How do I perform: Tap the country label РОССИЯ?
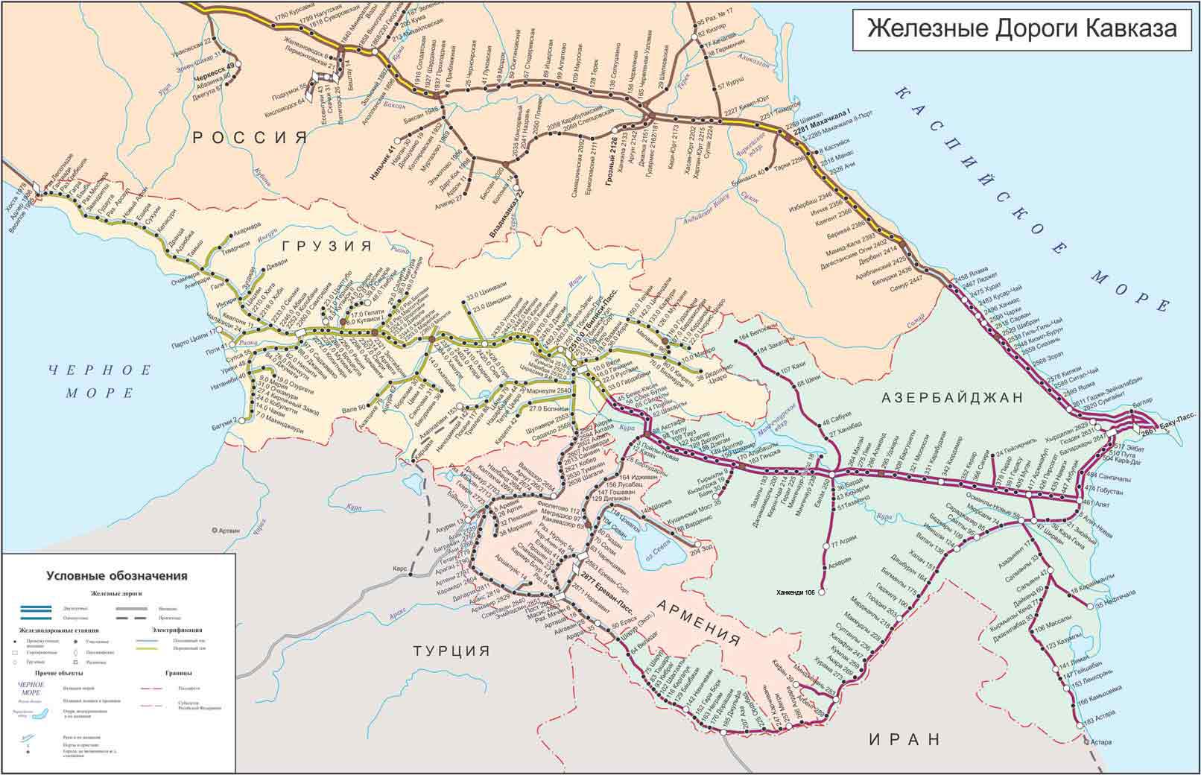coord(250,136)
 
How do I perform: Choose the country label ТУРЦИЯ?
coord(452,651)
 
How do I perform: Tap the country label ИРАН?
coord(904,738)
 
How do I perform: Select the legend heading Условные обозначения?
coord(117,575)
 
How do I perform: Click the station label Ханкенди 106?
coord(799,592)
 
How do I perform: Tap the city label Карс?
coord(399,569)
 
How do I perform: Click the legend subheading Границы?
coord(174,673)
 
